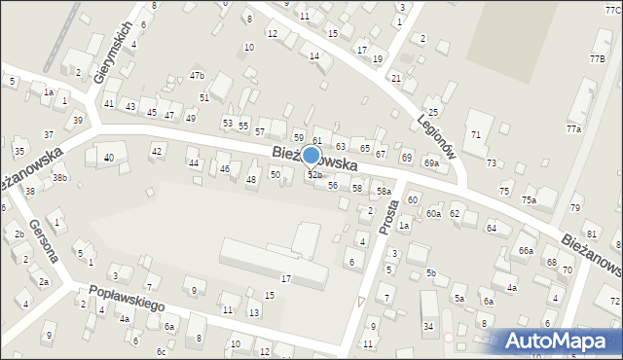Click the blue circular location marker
pyautogui.click(x=311, y=155)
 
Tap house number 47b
pyautogui.click(x=198, y=76)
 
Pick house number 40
pyautogui.click(x=109, y=158)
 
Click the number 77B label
pyautogui.click(x=596, y=58)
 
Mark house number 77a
pyautogui.click(x=573, y=129)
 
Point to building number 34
pyautogui.click(x=428, y=327)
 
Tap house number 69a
pyautogui.click(x=430, y=163)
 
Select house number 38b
pyautogui.click(x=59, y=178)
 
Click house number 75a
pyautogui.click(x=528, y=199)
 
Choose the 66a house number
pyautogui.click(x=526, y=250)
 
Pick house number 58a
pyautogui.click(x=385, y=192)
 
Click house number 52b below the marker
pyautogui.click(x=314, y=175)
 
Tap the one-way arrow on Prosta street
pyautogui.click(x=362, y=304)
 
